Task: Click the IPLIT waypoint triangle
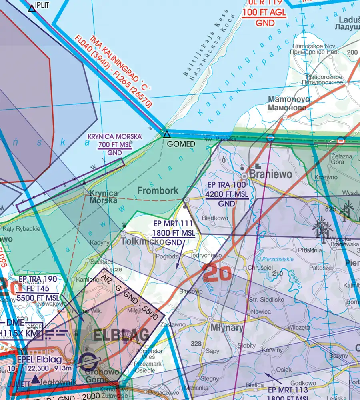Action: (32, 8)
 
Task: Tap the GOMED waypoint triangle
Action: (166, 135)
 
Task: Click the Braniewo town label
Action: (271, 175)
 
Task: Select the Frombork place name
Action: (158, 191)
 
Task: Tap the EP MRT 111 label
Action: (174, 224)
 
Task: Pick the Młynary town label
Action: (227, 328)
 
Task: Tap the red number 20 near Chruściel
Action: (217, 273)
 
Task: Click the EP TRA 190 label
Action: (38, 279)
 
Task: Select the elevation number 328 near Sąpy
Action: (196, 344)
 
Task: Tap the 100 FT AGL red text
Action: (264, 12)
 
